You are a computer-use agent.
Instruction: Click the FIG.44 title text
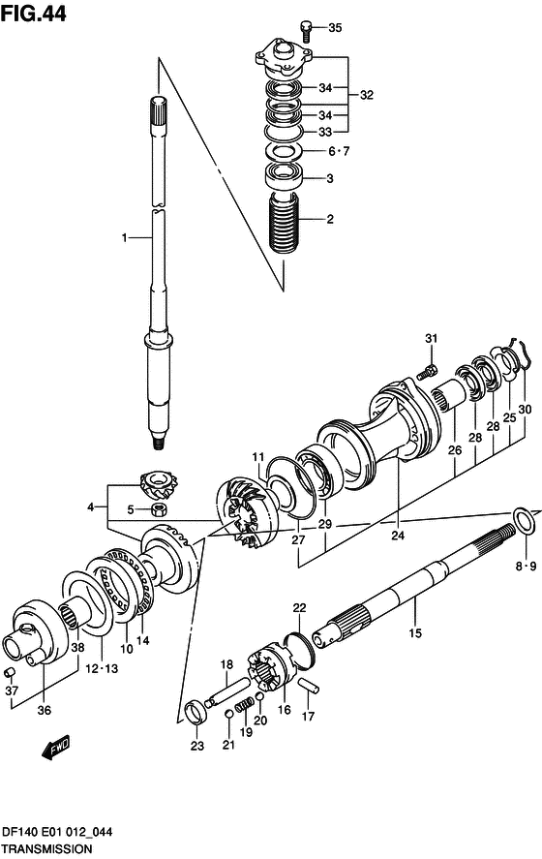pyautogui.click(x=34, y=14)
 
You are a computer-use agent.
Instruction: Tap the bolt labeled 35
pyautogui.click(x=307, y=30)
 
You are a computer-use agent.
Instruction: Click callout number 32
pyautogui.click(x=366, y=95)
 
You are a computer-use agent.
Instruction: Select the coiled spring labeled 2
pyautogui.click(x=284, y=223)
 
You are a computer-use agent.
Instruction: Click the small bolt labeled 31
pyautogui.click(x=427, y=373)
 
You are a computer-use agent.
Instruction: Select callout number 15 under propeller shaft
pyautogui.click(x=415, y=633)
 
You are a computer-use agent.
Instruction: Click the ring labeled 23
pyautogui.click(x=196, y=713)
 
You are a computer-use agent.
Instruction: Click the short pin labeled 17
pyautogui.click(x=310, y=687)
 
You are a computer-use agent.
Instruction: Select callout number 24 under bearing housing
pyautogui.click(x=398, y=535)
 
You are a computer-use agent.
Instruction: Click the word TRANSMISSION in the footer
pyautogui.click(x=46, y=849)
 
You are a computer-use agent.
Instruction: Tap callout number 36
pyautogui.click(x=44, y=710)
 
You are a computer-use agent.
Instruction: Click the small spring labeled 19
pyautogui.click(x=244, y=704)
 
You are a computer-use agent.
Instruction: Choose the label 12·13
pyautogui.click(x=102, y=669)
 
